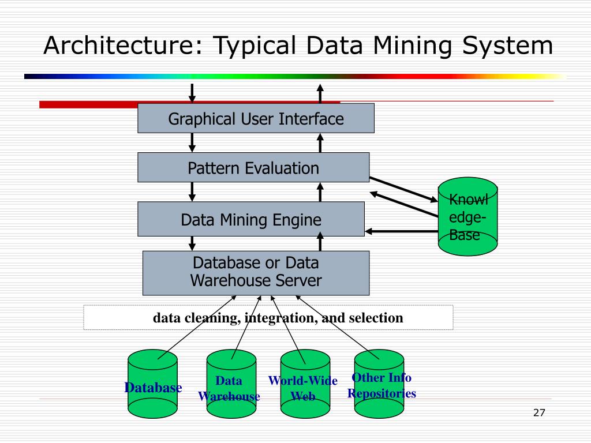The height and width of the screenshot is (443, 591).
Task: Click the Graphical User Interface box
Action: pyautogui.click(x=256, y=118)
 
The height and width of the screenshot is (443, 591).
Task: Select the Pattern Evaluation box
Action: pyautogui.click(x=253, y=167)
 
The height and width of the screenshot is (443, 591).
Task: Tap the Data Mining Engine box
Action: pyautogui.click(x=251, y=219)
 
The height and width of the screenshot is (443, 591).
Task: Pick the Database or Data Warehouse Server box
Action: pyautogui.click(x=256, y=273)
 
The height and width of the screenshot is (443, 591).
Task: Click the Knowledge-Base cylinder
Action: pyautogui.click(x=467, y=217)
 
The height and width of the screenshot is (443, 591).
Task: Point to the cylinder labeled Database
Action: pyautogui.click(x=152, y=384)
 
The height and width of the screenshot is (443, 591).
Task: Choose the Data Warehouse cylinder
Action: pyautogui.click(x=231, y=384)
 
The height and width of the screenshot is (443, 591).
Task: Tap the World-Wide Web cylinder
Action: pyautogui.click(x=305, y=384)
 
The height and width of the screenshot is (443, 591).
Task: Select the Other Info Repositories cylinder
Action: pyautogui.click(x=379, y=384)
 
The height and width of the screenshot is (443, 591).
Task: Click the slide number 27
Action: pyautogui.click(x=539, y=413)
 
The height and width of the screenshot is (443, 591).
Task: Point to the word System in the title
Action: pyautogui.click(x=508, y=46)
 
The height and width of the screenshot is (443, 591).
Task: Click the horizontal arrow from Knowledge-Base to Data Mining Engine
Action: pyautogui.click(x=402, y=231)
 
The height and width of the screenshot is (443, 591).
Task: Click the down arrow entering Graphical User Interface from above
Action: pyautogui.click(x=192, y=93)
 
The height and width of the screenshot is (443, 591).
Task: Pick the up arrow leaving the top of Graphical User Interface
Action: pyautogui.click(x=320, y=93)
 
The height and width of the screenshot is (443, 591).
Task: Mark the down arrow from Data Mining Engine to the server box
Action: pyautogui.click(x=192, y=244)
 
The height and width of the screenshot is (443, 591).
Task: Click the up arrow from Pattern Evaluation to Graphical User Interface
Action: pyautogui.click(x=320, y=143)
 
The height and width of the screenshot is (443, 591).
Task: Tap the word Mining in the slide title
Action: pyautogui.click(x=412, y=46)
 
